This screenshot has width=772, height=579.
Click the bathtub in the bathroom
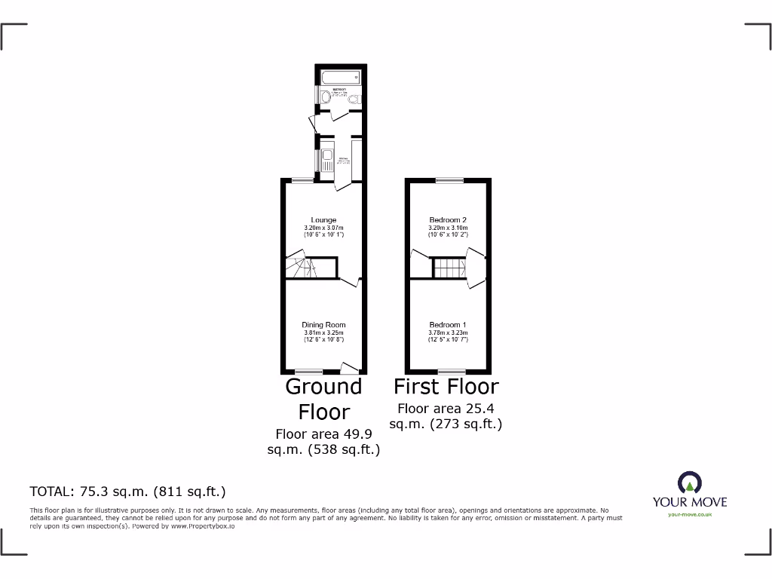(x=339, y=77)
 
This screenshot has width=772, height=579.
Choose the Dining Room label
(x=324, y=325)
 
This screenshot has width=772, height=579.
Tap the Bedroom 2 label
(x=449, y=220)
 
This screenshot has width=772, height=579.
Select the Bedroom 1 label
(x=449, y=325)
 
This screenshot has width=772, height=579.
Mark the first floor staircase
(x=449, y=268)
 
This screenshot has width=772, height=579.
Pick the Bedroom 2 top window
(x=449, y=179)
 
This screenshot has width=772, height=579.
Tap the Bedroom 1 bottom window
(x=451, y=372)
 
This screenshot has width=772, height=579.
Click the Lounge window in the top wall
(x=303, y=179)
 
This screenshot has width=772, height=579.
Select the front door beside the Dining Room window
(x=350, y=368)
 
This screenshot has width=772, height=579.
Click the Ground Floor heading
(x=323, y=399)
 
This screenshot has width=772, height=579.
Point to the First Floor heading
(x=446, y=387)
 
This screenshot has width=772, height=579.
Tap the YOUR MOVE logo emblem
(x=690, y=482)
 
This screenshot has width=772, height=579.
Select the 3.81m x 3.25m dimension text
(x=324, y=333)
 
